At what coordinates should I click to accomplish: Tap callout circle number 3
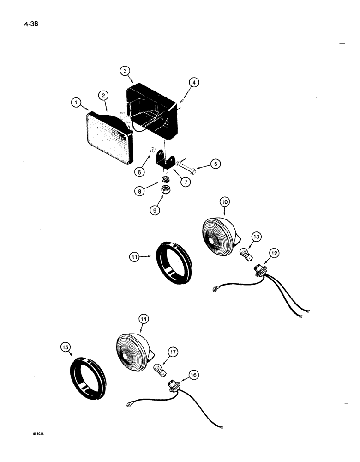(125, 71)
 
